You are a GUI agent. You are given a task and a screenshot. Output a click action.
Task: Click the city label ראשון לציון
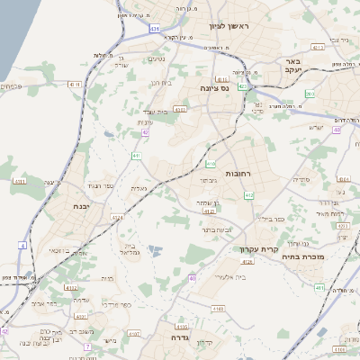pos(230,26)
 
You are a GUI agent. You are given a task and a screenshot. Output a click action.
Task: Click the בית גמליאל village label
pos(131,247)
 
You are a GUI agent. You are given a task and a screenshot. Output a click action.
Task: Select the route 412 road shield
pos(249,194)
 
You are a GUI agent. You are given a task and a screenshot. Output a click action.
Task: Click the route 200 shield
pos(309,94)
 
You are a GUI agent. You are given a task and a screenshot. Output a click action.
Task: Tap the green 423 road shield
pos(243,87)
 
